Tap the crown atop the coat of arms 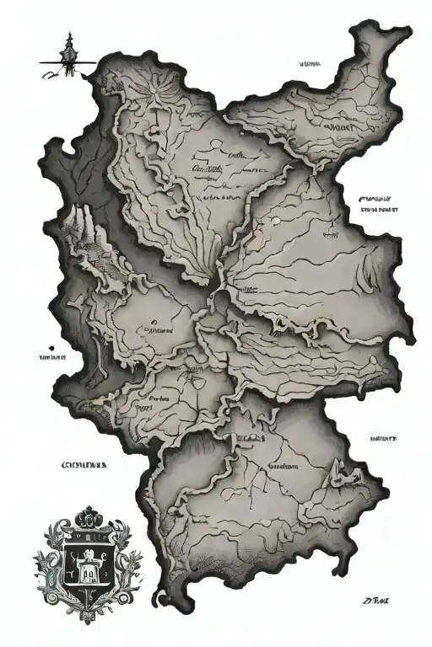87,515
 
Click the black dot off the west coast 52,346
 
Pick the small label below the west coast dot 53,357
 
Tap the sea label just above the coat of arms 83,464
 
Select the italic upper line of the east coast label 376,197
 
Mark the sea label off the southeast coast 383,439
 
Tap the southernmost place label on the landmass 283,466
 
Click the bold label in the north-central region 206,168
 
